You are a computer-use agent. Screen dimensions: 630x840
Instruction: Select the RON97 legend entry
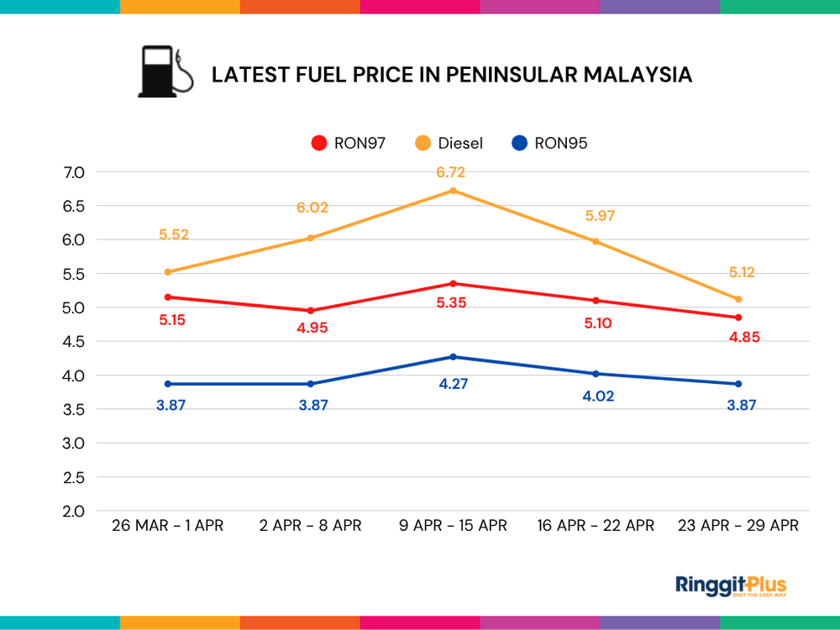349,143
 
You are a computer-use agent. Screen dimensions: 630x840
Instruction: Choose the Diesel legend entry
450,143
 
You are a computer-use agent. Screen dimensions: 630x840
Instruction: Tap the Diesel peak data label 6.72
450,173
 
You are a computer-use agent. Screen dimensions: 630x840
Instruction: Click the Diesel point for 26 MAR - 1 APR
168,272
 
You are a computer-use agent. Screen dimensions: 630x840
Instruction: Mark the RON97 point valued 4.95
310,311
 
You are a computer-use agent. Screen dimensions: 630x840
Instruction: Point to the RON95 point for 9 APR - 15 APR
454,357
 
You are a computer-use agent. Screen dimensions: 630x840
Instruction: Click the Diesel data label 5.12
737,272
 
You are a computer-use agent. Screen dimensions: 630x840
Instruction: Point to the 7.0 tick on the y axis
74,173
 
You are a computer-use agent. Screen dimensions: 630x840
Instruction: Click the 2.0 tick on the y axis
74,511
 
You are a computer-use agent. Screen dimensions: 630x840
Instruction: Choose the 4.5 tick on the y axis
74,342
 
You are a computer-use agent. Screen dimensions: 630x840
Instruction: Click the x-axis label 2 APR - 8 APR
310,526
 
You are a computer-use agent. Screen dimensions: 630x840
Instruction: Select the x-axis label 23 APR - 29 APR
738,526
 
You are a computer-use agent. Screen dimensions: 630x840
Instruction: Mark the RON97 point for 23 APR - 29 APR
738,318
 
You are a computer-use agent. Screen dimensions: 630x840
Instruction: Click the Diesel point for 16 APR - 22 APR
596,241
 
